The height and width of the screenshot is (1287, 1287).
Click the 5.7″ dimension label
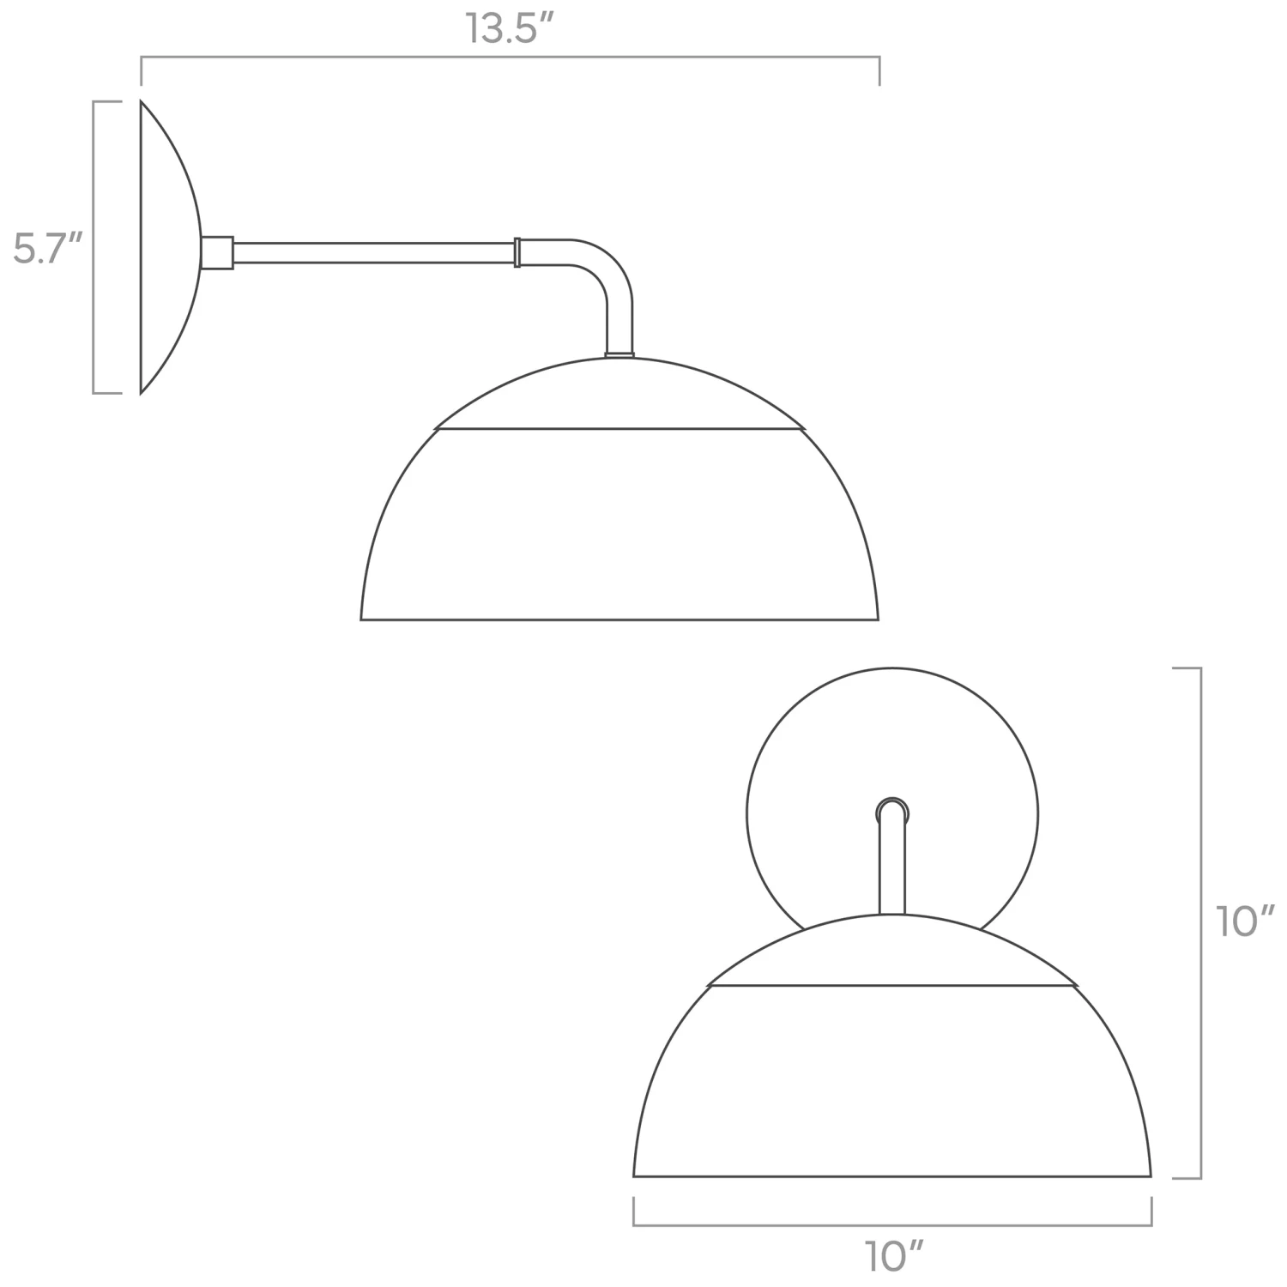coord(47,249)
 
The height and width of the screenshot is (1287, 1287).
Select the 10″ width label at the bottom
coord(892,1257)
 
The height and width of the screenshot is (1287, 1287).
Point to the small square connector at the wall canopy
coord(217,253)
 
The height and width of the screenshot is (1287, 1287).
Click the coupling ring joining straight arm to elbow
coord(517,252)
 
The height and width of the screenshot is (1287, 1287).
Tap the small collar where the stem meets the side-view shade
coord(619,353)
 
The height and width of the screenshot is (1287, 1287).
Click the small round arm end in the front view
coord(892,811)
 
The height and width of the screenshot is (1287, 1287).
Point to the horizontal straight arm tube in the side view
coord(373,252)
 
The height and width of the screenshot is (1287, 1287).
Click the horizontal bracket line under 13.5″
coord(511,57)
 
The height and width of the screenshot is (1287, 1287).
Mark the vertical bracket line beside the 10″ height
coord(1199,922)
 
